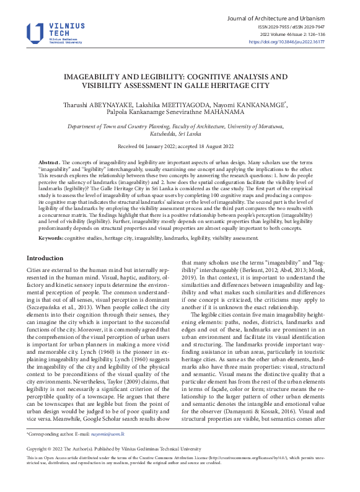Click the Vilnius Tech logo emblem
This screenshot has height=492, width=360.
click(x=35, y=33)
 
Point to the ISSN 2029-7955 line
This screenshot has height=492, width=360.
click(x=276, y=27)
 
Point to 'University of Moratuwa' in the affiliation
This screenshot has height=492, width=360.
click(x=258, y=126)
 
